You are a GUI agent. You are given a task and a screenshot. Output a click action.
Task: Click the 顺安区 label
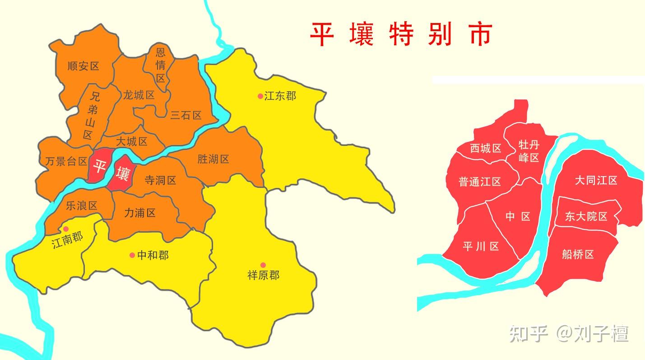pos(83,66)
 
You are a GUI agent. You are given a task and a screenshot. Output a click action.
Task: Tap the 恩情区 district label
pos(161,65)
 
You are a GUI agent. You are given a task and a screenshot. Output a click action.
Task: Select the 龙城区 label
pos(139,95)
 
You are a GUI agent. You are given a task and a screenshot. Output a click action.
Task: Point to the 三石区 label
pos(186,116)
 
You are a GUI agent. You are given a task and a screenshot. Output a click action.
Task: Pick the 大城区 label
pos(131,141)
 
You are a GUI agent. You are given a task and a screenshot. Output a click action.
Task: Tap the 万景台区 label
pos(66,161)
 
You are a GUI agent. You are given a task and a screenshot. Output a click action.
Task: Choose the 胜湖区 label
pos(213,159)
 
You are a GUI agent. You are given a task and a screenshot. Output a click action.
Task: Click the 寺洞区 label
pos(160,181)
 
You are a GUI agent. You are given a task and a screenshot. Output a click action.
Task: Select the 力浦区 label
pos(140,213)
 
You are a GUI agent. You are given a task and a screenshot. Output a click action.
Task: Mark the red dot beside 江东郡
pos(260,96)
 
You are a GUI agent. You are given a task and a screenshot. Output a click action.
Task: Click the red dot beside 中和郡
pos(132,255)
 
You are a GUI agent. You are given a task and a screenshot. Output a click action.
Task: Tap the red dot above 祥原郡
pos(263,265)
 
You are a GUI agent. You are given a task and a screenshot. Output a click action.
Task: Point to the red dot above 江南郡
pos(66,229)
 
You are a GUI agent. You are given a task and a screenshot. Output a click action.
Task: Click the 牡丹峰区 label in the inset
pos(529,151)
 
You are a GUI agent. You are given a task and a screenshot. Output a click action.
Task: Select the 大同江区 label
pos(596,181)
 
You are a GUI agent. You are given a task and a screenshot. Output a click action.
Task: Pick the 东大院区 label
pos(586,216)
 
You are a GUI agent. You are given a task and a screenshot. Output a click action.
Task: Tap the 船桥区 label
pos(578,254)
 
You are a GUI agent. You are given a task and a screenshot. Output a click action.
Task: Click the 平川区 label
pos(481,247)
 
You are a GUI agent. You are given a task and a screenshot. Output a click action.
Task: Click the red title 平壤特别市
pos(400,34)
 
